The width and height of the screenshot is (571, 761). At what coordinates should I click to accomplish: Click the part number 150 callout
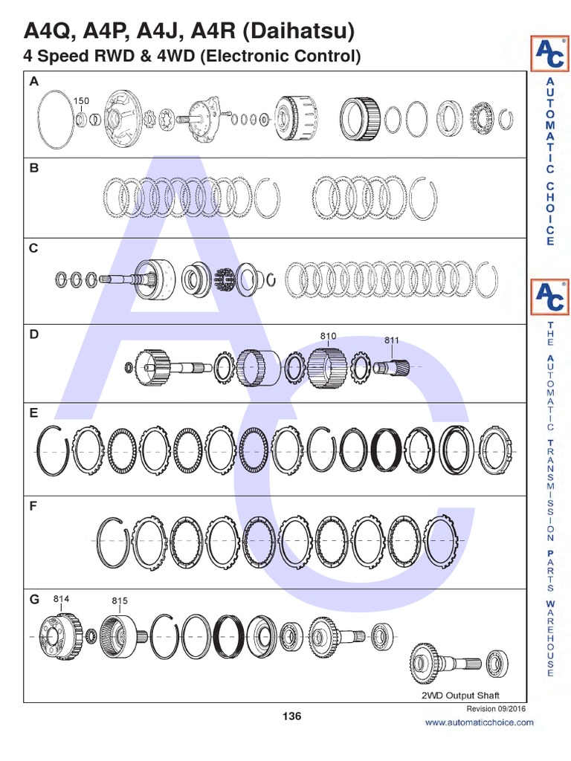tap(81, 100)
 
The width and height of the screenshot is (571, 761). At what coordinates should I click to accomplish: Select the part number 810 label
tap(328, 337)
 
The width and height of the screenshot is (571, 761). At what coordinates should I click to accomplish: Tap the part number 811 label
tap(392, 340)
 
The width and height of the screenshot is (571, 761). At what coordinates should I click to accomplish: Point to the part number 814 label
tap(62, 598)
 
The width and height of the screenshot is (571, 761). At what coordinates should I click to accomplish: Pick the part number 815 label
tap(120, 600)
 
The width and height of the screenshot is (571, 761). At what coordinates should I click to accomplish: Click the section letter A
tap(33, 82)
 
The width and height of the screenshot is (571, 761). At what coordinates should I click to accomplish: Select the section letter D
tap(33, 334)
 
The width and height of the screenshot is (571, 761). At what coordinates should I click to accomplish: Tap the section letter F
tap(33, 506)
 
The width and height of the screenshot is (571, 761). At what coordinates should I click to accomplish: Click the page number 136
tap(291, 716)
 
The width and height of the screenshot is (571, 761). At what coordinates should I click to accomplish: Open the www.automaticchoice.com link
tap(479, 722)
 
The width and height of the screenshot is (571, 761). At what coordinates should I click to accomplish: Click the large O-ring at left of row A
tap(55, 117)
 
